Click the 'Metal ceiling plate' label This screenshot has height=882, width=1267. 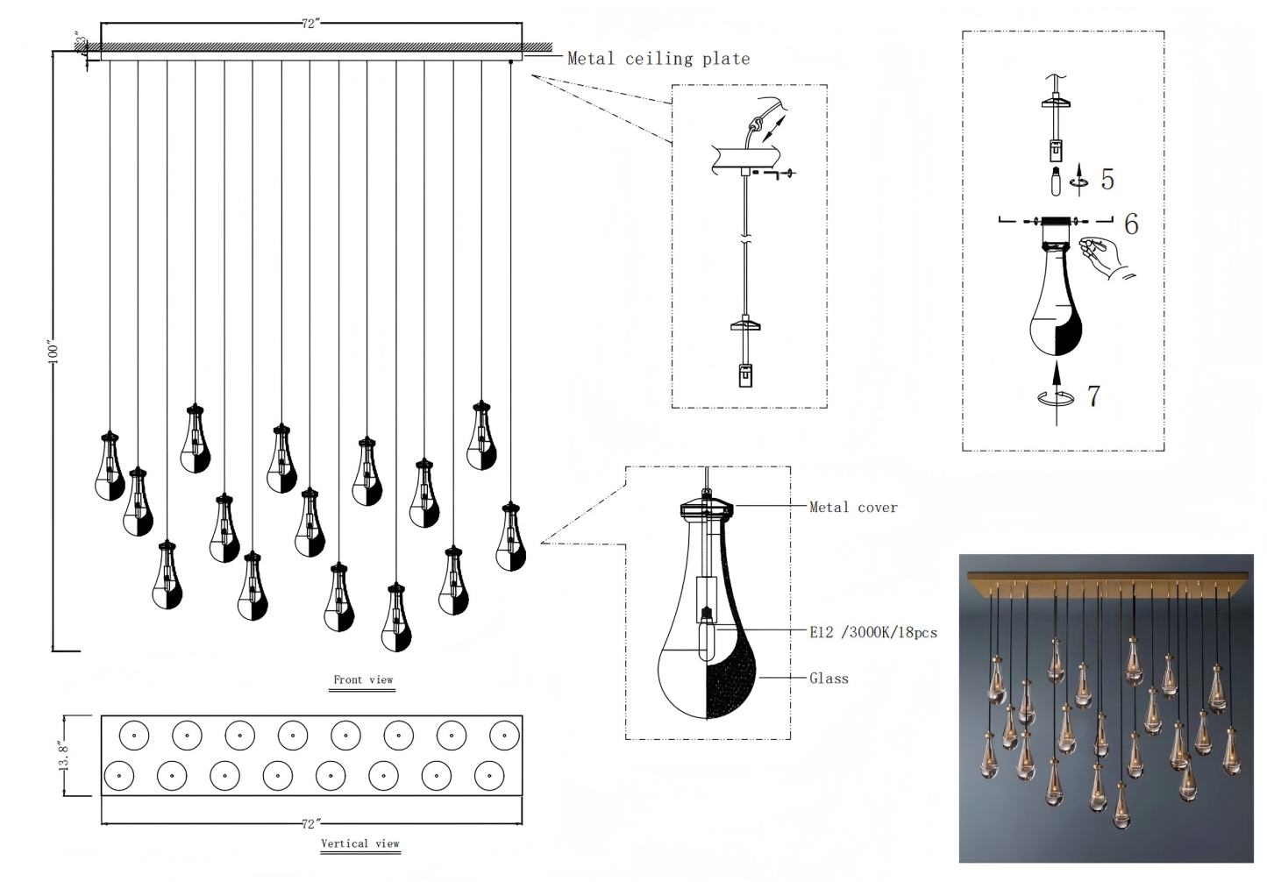click(x=658, y=59)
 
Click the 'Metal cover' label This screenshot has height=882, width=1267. click(x=852, y=507)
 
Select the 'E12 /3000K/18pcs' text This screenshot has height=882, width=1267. click(x=872, y=632)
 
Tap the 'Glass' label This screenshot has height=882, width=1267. click(x=829, y=678)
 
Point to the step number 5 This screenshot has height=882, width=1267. click(x=1107, y=179)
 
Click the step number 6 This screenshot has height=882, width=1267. click(x=1130, y=224)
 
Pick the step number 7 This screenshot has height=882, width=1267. click(x=1093, y=395)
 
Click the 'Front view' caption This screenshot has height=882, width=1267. click(x=363, y=679)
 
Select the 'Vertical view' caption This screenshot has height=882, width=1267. click(x=359, y=843)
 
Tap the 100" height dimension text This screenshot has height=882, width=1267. click(x=53, y=352)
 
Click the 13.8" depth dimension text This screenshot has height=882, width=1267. click(x=65, y=756)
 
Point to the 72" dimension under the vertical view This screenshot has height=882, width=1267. click(x=309, y=824)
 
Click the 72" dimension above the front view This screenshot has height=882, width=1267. click(x=309, y=24)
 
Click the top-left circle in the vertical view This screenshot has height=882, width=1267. click(x=133, y=736)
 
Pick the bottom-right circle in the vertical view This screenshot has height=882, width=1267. click(x=489, y=775)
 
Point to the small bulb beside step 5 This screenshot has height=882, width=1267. click(x=1057, y=183)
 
